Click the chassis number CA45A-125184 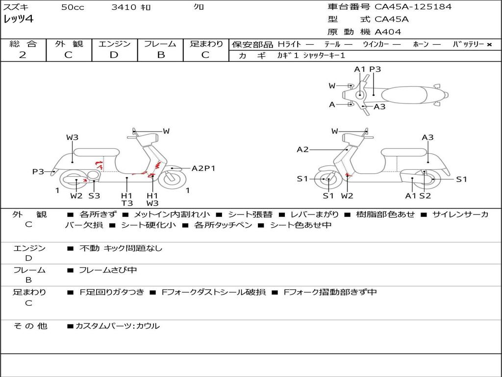point(413,7)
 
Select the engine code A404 point(388,32)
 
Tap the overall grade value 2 point(23,55)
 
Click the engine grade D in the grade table point(114,55)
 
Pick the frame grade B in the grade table point(160,55)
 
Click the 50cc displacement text point(73,7)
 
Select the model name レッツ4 point(19,20)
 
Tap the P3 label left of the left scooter point(38,171)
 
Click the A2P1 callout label point(203,168)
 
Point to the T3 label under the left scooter point(127,203)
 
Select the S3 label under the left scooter point(94,196)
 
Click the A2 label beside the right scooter point(302,150)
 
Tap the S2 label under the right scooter point(425,196)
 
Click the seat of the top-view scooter point(405,94)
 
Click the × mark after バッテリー point(489,44)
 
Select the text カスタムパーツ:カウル point(117,326)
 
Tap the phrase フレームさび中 point(108,270)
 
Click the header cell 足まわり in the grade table point(206,44)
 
